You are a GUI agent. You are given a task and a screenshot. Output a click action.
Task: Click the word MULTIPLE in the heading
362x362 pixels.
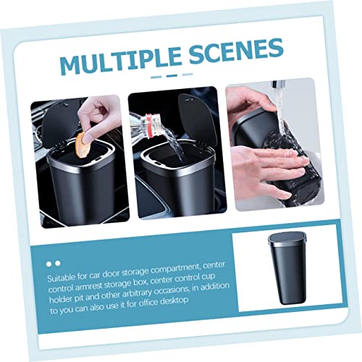(121, 62)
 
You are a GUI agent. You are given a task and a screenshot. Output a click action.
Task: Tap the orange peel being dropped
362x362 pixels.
(81, 145)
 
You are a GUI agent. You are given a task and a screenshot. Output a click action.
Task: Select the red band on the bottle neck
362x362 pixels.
(150, 126)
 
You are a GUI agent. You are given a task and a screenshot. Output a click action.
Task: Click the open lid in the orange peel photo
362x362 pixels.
(60, 123)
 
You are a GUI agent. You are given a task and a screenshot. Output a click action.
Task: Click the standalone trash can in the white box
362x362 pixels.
(288, 268)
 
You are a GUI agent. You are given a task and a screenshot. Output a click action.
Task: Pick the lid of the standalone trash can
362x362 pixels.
(287, 238)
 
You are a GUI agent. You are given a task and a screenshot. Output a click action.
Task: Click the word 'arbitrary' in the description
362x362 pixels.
(138, 294)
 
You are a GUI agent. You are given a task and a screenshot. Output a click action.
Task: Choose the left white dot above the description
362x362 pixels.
(49, 264)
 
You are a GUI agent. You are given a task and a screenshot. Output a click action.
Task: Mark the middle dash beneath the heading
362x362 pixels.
(172, 75)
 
